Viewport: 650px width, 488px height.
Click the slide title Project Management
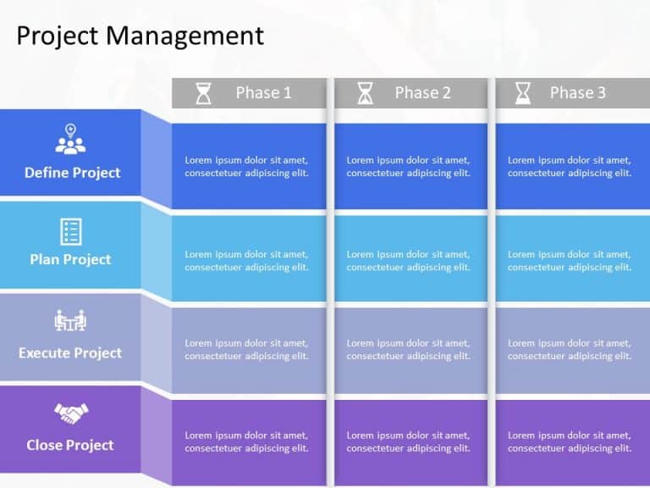[x=140, y=36]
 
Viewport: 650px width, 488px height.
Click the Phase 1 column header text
[x=263, y=93]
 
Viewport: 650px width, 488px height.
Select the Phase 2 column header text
[x=422, y=93]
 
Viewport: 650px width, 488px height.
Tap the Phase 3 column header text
[x=577, y=93]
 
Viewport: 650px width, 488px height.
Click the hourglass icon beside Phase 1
[x=204, y=93]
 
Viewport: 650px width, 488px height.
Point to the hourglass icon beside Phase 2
[x=365, y=93]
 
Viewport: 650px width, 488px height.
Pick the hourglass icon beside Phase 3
[x=524, y=93]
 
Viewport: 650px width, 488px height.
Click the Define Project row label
[x=72, y=173]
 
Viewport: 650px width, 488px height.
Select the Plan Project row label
[x=70, y=259]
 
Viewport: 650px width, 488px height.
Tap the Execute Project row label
[x=70, y=352]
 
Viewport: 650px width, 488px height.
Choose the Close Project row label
[x=70, y=445]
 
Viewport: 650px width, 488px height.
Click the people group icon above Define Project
[x=70, y=140]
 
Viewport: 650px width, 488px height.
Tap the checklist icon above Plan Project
[x=70, y=230]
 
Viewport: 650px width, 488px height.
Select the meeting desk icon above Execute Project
[x=70, y=321]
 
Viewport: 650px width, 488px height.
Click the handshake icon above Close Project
[x=71, y=413]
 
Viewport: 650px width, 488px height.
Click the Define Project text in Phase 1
[x=246, y=167]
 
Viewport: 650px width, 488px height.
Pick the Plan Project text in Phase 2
[x=408, y=261]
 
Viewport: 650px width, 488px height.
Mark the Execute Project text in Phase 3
[x=569, y=350]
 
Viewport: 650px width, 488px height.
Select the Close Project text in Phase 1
[x=246, y=442]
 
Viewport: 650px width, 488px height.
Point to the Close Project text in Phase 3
[x=569, y=442]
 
